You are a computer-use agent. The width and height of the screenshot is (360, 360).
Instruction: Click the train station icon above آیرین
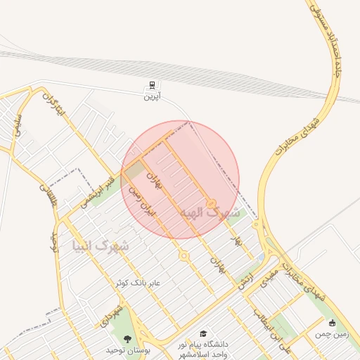pyautogui.click(x=152, y=86)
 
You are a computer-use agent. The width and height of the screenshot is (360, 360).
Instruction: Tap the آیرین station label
pyautogui.click(x=152, y=96)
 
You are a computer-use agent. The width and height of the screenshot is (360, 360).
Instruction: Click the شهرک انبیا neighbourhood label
pyautogui.click(x=101, y=246)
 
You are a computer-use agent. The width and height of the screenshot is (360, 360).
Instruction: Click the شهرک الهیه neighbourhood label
pyautogui.click(x=209, y=212)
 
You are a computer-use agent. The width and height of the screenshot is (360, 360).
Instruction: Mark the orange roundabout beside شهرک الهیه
pyautogui.click(x=210, y=203)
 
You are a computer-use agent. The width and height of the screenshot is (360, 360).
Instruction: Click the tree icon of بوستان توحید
pyautogui.click(x=127, y=338)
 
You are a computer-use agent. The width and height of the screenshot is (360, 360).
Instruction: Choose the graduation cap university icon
pyautogui.click(x=204, y=333)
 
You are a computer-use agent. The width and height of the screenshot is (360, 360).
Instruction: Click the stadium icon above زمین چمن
pyautogui.click(x=332, y=323)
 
